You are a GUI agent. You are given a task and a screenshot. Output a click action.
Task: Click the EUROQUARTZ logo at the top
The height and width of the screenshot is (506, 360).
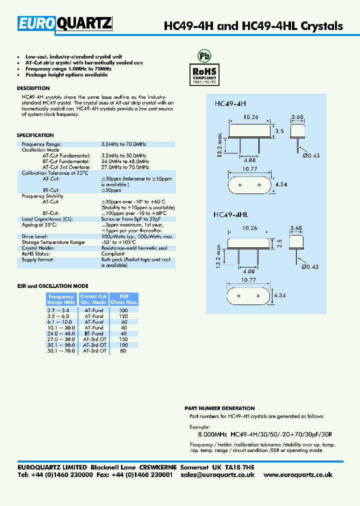65,23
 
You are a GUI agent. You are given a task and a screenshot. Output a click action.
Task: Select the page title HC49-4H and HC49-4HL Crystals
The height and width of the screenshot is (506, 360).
253,26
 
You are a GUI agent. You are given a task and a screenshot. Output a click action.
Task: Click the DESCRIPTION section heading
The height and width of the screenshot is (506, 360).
33,88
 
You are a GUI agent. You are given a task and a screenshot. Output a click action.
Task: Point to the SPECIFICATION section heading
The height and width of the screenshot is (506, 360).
35,135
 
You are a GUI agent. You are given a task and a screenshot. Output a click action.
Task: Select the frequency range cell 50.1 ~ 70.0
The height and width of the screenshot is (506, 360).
60,351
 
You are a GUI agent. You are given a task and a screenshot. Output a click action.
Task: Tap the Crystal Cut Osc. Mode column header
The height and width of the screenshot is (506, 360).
93,299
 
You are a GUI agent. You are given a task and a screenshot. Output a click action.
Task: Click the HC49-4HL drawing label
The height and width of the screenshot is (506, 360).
230,214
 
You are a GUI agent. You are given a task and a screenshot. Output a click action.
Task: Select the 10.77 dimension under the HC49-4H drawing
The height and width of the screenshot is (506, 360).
249,169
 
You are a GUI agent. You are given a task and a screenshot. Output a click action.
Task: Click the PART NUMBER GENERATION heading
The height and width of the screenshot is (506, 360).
219,408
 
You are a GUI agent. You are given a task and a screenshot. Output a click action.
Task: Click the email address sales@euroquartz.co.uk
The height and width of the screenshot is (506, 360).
217,474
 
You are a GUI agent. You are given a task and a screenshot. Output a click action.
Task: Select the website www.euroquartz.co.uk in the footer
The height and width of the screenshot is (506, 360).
297,474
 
